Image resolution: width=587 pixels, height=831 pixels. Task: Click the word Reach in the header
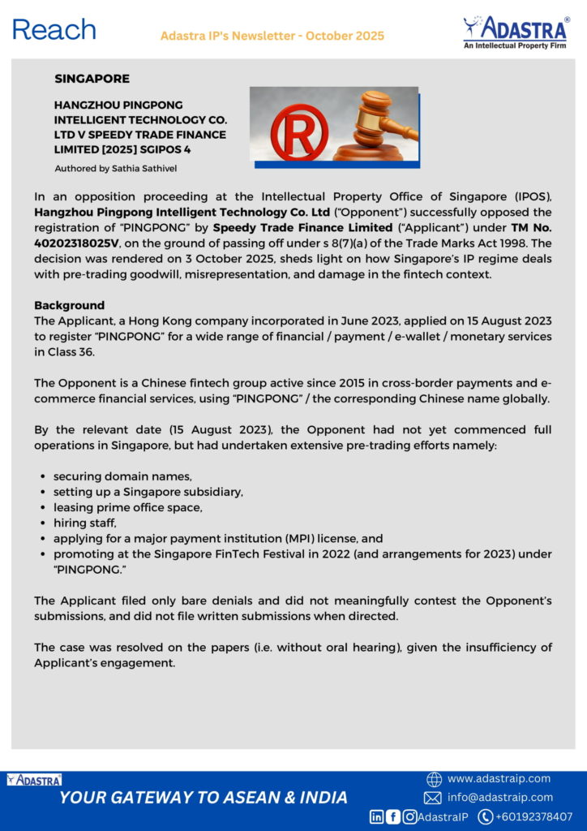tap(54, 30)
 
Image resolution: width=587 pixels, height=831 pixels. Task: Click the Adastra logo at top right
tap(515, 32)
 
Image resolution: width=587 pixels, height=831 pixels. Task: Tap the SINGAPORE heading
tap(92, 79)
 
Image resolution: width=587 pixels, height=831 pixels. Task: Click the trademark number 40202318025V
tap(77, 243)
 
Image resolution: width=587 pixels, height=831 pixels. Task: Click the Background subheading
tap(69, 306)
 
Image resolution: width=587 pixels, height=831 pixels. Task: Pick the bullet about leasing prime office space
tap(128, 507)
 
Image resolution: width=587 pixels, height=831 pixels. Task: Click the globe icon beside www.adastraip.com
tap(434, 779)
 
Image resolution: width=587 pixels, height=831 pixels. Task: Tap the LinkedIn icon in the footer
tap(377, 816)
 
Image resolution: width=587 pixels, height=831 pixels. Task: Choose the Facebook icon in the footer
tap(393, 816)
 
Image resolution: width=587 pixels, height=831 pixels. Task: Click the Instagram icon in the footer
tap(410, 816)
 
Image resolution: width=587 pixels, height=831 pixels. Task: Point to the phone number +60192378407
tap(534, 816)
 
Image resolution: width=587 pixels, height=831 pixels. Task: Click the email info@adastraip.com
tap(500, 798)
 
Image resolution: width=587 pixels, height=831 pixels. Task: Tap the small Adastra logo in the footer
tap(34, 780)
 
